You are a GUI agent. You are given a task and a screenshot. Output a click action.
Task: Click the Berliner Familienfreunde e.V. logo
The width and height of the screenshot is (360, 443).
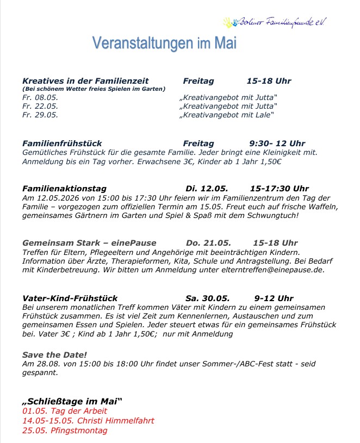click(x=275, y=23)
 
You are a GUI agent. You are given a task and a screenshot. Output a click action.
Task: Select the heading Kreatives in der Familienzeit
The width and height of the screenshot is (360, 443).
click(x=85, y=81)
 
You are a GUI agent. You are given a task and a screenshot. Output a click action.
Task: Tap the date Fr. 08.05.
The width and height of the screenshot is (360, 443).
click(x=40, y=97)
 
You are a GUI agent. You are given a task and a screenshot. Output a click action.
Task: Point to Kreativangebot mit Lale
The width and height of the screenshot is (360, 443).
click(x=228, y=115)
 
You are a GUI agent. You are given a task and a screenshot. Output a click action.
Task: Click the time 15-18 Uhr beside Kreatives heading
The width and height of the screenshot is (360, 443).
click(x=269, y=81)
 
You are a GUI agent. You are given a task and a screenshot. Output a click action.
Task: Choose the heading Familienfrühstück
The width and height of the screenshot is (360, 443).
click(x=62, y=143)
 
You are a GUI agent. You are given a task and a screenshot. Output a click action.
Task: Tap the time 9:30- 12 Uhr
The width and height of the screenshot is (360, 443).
click(x=277, y=143)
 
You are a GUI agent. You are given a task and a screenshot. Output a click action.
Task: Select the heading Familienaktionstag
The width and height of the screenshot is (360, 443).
click(x=64, y=189)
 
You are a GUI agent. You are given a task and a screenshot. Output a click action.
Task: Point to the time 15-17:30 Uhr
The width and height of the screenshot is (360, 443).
click(x=279, y=189)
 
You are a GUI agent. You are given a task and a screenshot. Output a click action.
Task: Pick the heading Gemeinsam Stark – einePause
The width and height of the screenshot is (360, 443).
click(x=89, y=242)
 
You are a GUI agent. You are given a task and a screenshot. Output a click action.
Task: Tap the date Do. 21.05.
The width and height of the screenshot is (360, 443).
click(x=208, y=242)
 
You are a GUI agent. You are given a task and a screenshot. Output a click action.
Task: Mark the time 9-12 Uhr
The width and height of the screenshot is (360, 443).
click(x=274, y=298)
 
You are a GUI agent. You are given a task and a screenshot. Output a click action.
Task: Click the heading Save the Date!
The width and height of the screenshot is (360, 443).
click(x=54, y=355)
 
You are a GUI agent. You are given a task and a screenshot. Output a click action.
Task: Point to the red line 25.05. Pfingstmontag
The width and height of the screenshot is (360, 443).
click(x=65, y=430)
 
